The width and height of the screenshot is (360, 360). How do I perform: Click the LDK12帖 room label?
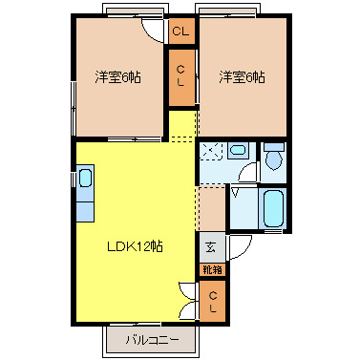[135, 246]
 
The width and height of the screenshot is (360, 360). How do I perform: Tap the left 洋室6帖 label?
[117, 77]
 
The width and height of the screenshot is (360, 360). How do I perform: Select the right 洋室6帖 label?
[242, 77]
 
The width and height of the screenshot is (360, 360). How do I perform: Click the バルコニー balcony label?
[152, 340]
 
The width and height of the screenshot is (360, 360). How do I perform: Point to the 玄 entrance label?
[211, 247]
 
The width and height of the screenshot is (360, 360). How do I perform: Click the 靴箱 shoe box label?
[212, 270]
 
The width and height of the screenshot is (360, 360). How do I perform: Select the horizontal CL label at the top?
[180, 32]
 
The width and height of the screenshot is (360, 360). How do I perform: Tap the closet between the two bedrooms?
[181, 77]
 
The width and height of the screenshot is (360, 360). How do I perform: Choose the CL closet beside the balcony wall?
[213, 301]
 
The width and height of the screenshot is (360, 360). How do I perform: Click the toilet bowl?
[273, 160]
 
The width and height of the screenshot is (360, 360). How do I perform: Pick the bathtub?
[273, 208]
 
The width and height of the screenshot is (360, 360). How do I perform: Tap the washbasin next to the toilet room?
[238, 150]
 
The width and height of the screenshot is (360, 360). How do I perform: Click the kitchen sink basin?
[85, 179]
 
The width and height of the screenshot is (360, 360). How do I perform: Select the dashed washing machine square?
[212, 151]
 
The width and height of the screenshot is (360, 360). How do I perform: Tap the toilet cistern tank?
[274, 147]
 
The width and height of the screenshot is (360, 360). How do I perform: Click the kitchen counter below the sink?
[85, 211]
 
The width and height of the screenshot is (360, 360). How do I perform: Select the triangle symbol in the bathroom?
[236, 193]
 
